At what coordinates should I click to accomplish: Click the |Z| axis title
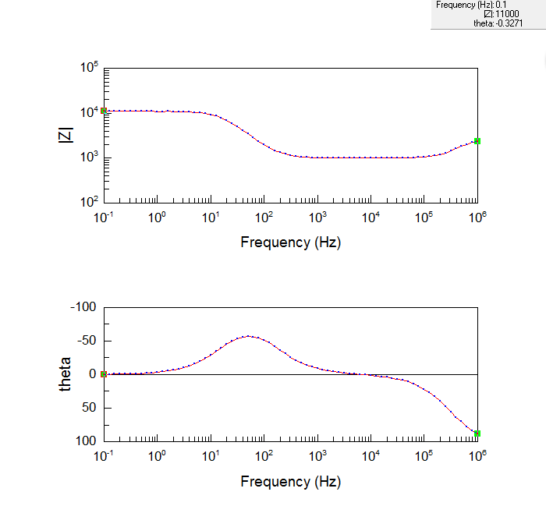point(66,135)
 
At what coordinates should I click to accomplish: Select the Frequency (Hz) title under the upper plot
point(290,242)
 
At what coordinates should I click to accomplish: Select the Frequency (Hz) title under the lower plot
point(290,481)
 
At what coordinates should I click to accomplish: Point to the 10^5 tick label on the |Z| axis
point(89,68)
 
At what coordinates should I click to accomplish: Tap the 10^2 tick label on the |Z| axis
point(89,202)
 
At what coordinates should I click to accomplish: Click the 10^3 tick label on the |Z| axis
point(89,157)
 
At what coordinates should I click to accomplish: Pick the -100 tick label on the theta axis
point(83,307)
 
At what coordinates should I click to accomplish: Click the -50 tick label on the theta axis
point(86,341)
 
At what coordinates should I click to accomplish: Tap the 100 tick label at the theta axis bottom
point(86,441)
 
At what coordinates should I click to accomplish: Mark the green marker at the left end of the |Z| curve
point(104,111)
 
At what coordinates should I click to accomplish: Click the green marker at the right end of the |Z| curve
point(477,141)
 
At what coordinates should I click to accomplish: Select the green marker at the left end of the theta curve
point(104,374)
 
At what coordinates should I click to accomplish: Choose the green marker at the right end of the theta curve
point(477,433)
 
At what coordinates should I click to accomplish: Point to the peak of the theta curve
point(248,336)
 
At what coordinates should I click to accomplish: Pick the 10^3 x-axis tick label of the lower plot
point(317,456)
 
